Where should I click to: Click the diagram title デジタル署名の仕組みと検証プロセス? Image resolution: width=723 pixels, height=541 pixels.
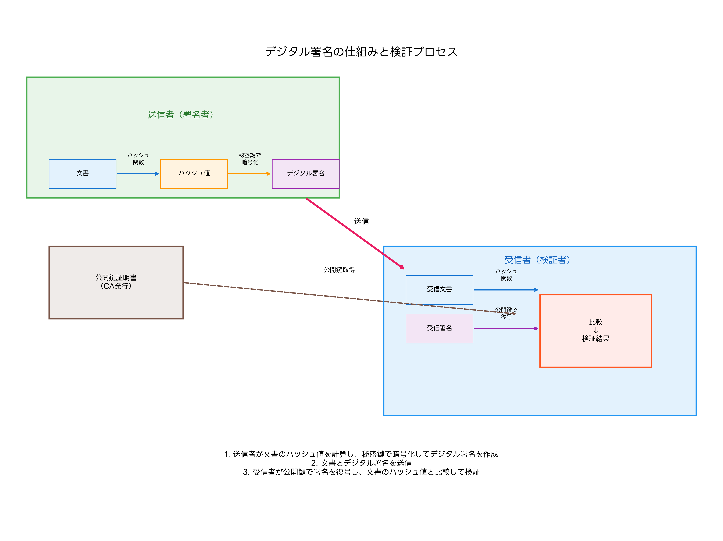(x=361, y=52)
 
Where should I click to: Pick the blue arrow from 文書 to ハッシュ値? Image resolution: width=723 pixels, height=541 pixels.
(x=137, y=174)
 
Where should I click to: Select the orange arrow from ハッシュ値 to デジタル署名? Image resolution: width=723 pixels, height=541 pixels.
(x=249, y=174)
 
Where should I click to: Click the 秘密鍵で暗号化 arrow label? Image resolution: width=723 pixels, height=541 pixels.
(x=250, y=159)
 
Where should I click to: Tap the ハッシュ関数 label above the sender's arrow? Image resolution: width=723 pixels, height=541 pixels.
(x=138, y=159)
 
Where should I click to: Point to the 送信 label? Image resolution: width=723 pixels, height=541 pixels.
(x=361, y=221)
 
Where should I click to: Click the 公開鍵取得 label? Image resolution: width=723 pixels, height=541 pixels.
(x=339, y=270)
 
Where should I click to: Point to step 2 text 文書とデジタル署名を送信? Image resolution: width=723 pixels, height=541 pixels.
(x=361, y=463)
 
